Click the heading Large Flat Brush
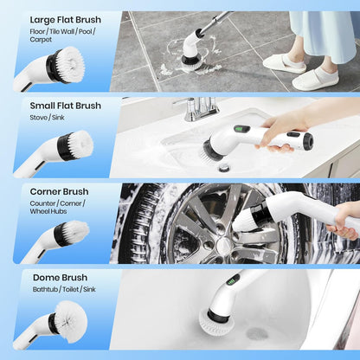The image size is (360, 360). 65,20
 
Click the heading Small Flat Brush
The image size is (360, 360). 65,105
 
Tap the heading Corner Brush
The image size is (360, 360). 60,191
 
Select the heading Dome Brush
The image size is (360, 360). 57,277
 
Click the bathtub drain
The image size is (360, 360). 257,332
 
